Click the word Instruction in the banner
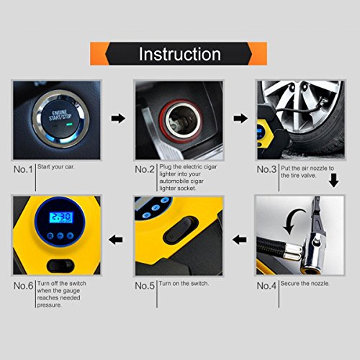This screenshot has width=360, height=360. pos(180,54)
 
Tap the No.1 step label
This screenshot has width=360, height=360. pos(23,169)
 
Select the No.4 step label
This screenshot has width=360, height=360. pos(266,286)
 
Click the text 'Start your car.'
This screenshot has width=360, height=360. pos(56,166)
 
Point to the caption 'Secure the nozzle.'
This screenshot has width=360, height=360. pos(305,284)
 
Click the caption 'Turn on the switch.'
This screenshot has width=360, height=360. pos(184,284)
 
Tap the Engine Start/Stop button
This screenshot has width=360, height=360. pos(60,119)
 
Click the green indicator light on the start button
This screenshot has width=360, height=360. pos(69,125)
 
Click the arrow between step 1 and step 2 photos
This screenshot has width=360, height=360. pos(118,119)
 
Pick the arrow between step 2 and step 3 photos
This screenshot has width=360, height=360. pos(240,119)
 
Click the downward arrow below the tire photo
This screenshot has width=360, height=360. pos(333,181)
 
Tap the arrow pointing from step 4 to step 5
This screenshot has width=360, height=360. pos(240,240)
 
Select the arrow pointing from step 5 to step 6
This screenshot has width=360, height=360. pos(116,240)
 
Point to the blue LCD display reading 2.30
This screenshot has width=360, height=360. pos(61,217)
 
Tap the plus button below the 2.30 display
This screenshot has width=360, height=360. pos(70,235)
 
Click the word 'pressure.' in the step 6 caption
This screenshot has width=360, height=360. pos(49,305)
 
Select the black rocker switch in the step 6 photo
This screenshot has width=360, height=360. pos(60,265)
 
